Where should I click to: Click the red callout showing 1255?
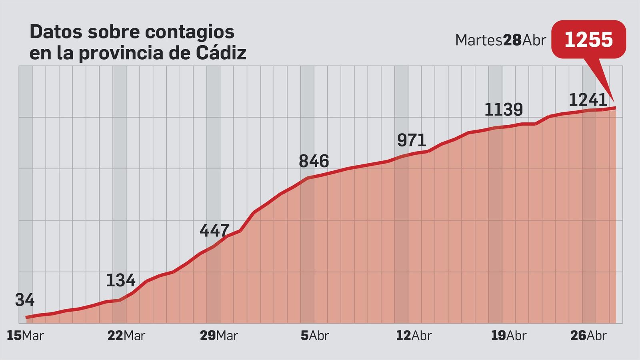(x=588, y=40)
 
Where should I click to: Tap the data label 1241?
(x=588, y=100)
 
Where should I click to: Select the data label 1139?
(x=504, y=110)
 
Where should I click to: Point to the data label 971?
(x=412, y=140)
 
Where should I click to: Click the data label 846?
(x=314, y=161)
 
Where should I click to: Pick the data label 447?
(x=215, y=230)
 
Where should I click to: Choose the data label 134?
(x=120, y=280)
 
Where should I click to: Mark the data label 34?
(x=25, y=300)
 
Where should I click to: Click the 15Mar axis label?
(x=25, y=336)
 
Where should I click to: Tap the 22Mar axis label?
(x=126, y=336)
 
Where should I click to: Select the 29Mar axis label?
(x=219, y=336)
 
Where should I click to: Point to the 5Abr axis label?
(x=314, y=336)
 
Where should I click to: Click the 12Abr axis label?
(x=414, y=336)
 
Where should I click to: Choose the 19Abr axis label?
(x=508, y=336)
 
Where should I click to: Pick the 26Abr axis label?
(x=588, y=336)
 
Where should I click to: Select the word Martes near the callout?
(x=478, y=40)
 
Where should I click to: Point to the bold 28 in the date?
(x=512, y=40)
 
